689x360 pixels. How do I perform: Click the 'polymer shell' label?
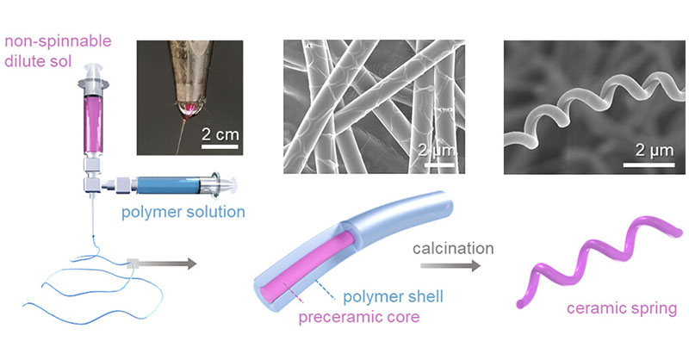(x=393, y=297)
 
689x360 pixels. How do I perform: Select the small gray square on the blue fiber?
(x=133, y=264)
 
